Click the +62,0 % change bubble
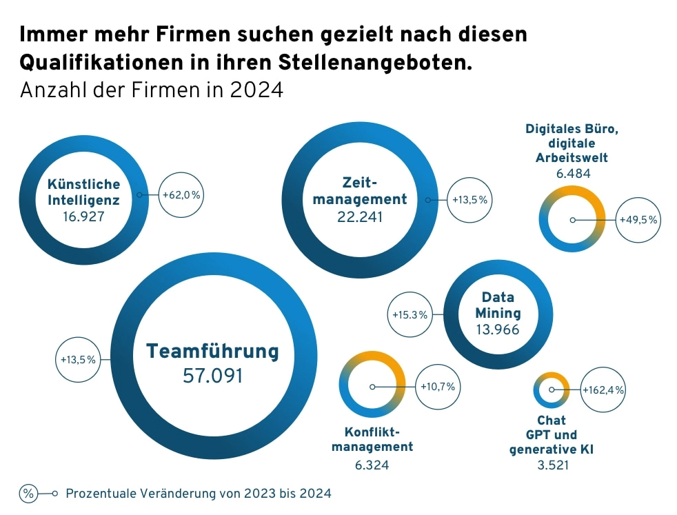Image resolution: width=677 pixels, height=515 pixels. (181, 195)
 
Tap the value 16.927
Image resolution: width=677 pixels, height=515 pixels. (83, 217)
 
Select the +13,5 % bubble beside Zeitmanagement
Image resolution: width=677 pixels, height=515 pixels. (469, 200)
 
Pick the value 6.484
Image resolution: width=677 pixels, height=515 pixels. (572, 173)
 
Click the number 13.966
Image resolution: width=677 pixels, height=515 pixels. (497, 330)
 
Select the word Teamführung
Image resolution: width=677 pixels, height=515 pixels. (212, 352)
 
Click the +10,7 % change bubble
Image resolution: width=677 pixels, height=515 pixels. (438, 387)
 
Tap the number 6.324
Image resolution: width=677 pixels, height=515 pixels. (372, 465)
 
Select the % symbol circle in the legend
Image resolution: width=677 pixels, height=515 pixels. (29, 494)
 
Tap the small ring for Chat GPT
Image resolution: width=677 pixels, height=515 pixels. (552, 390)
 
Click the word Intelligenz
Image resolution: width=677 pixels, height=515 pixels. (84, 201)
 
